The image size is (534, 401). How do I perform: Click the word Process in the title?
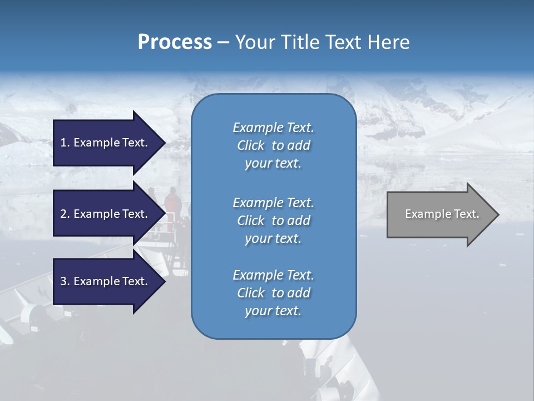[175, 42]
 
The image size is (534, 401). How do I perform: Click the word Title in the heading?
[299, 42]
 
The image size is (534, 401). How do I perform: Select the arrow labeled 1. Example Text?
[106, 143]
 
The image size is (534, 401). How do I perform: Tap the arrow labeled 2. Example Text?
[106, 214]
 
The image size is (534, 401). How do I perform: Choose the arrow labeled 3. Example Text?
[106, 281]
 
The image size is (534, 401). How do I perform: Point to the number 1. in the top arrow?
[65, 143]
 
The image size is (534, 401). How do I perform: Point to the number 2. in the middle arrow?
[65, 214]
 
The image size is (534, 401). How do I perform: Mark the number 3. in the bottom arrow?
[65, 281]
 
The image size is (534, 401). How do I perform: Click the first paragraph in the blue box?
[273, 145]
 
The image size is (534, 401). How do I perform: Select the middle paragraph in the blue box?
[273, 221]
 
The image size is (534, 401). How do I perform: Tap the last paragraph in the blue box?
[273, 293]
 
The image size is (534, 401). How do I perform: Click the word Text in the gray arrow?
[466, 214]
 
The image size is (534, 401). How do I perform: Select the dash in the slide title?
[223, 42]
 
